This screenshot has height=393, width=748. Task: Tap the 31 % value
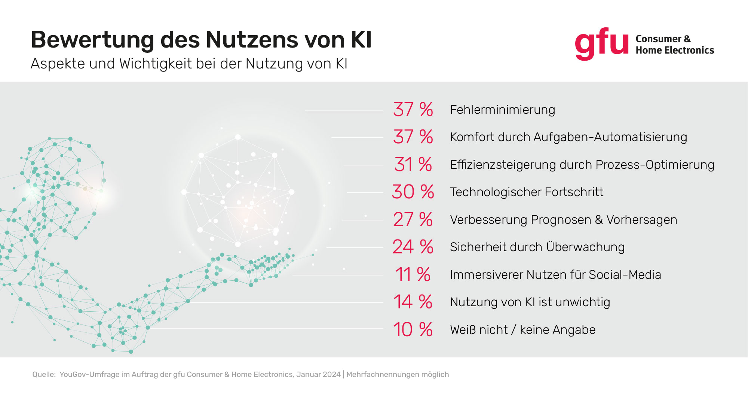[x=413, y=165]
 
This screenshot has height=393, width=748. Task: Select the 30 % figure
[x=413, y=192]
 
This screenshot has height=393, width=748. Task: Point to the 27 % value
[x=413, y=220]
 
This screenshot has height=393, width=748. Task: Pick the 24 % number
[x=413, y=247]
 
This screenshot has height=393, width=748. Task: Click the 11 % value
[x=413, y=275]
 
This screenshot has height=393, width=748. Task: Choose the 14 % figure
[x=413, y=302]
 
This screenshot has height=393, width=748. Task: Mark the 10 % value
[x=413, y=330]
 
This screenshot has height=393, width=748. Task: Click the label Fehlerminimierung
[x=502, y=110]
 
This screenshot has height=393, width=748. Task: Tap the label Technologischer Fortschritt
[x=527, y=192]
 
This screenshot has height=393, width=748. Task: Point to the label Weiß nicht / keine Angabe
[x=522, y=330]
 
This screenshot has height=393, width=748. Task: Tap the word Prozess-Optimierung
[x=655, y=165]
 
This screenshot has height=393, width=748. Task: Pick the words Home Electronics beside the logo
[x=675, y=50]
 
